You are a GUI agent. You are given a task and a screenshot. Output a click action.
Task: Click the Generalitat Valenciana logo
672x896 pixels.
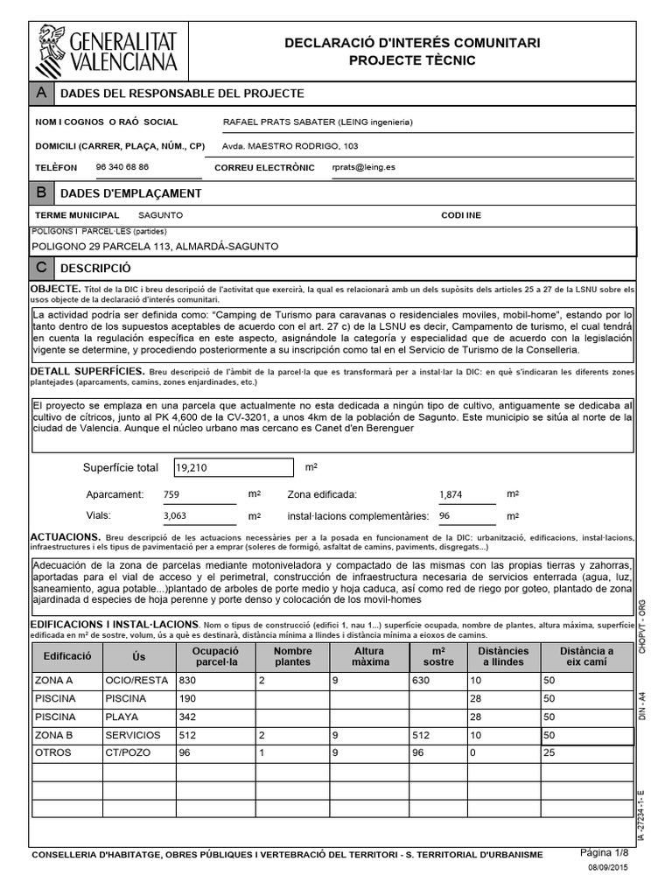107,50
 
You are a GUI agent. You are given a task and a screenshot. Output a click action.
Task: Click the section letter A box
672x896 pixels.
41,94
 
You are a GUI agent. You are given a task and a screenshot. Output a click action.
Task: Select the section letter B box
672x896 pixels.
41,192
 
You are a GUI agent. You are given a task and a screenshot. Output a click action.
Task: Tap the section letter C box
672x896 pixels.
41,268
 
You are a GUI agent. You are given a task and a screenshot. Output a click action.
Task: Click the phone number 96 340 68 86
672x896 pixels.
122,166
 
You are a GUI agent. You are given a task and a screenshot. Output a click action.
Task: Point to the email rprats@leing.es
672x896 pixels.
364,166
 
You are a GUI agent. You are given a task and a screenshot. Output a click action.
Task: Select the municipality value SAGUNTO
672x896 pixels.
161,215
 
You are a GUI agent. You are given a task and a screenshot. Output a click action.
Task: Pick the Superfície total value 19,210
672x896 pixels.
192,468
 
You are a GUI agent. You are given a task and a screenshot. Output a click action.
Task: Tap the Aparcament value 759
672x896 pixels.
171,495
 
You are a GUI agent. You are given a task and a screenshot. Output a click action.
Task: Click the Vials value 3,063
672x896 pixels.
178,516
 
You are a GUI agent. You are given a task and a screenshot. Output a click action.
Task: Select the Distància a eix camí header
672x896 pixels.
586,656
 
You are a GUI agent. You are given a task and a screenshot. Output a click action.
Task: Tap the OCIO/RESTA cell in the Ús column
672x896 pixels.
136,680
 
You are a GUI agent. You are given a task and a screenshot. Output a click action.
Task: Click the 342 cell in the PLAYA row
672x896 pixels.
188,717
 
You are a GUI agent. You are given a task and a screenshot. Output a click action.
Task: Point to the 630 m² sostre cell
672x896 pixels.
423,680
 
